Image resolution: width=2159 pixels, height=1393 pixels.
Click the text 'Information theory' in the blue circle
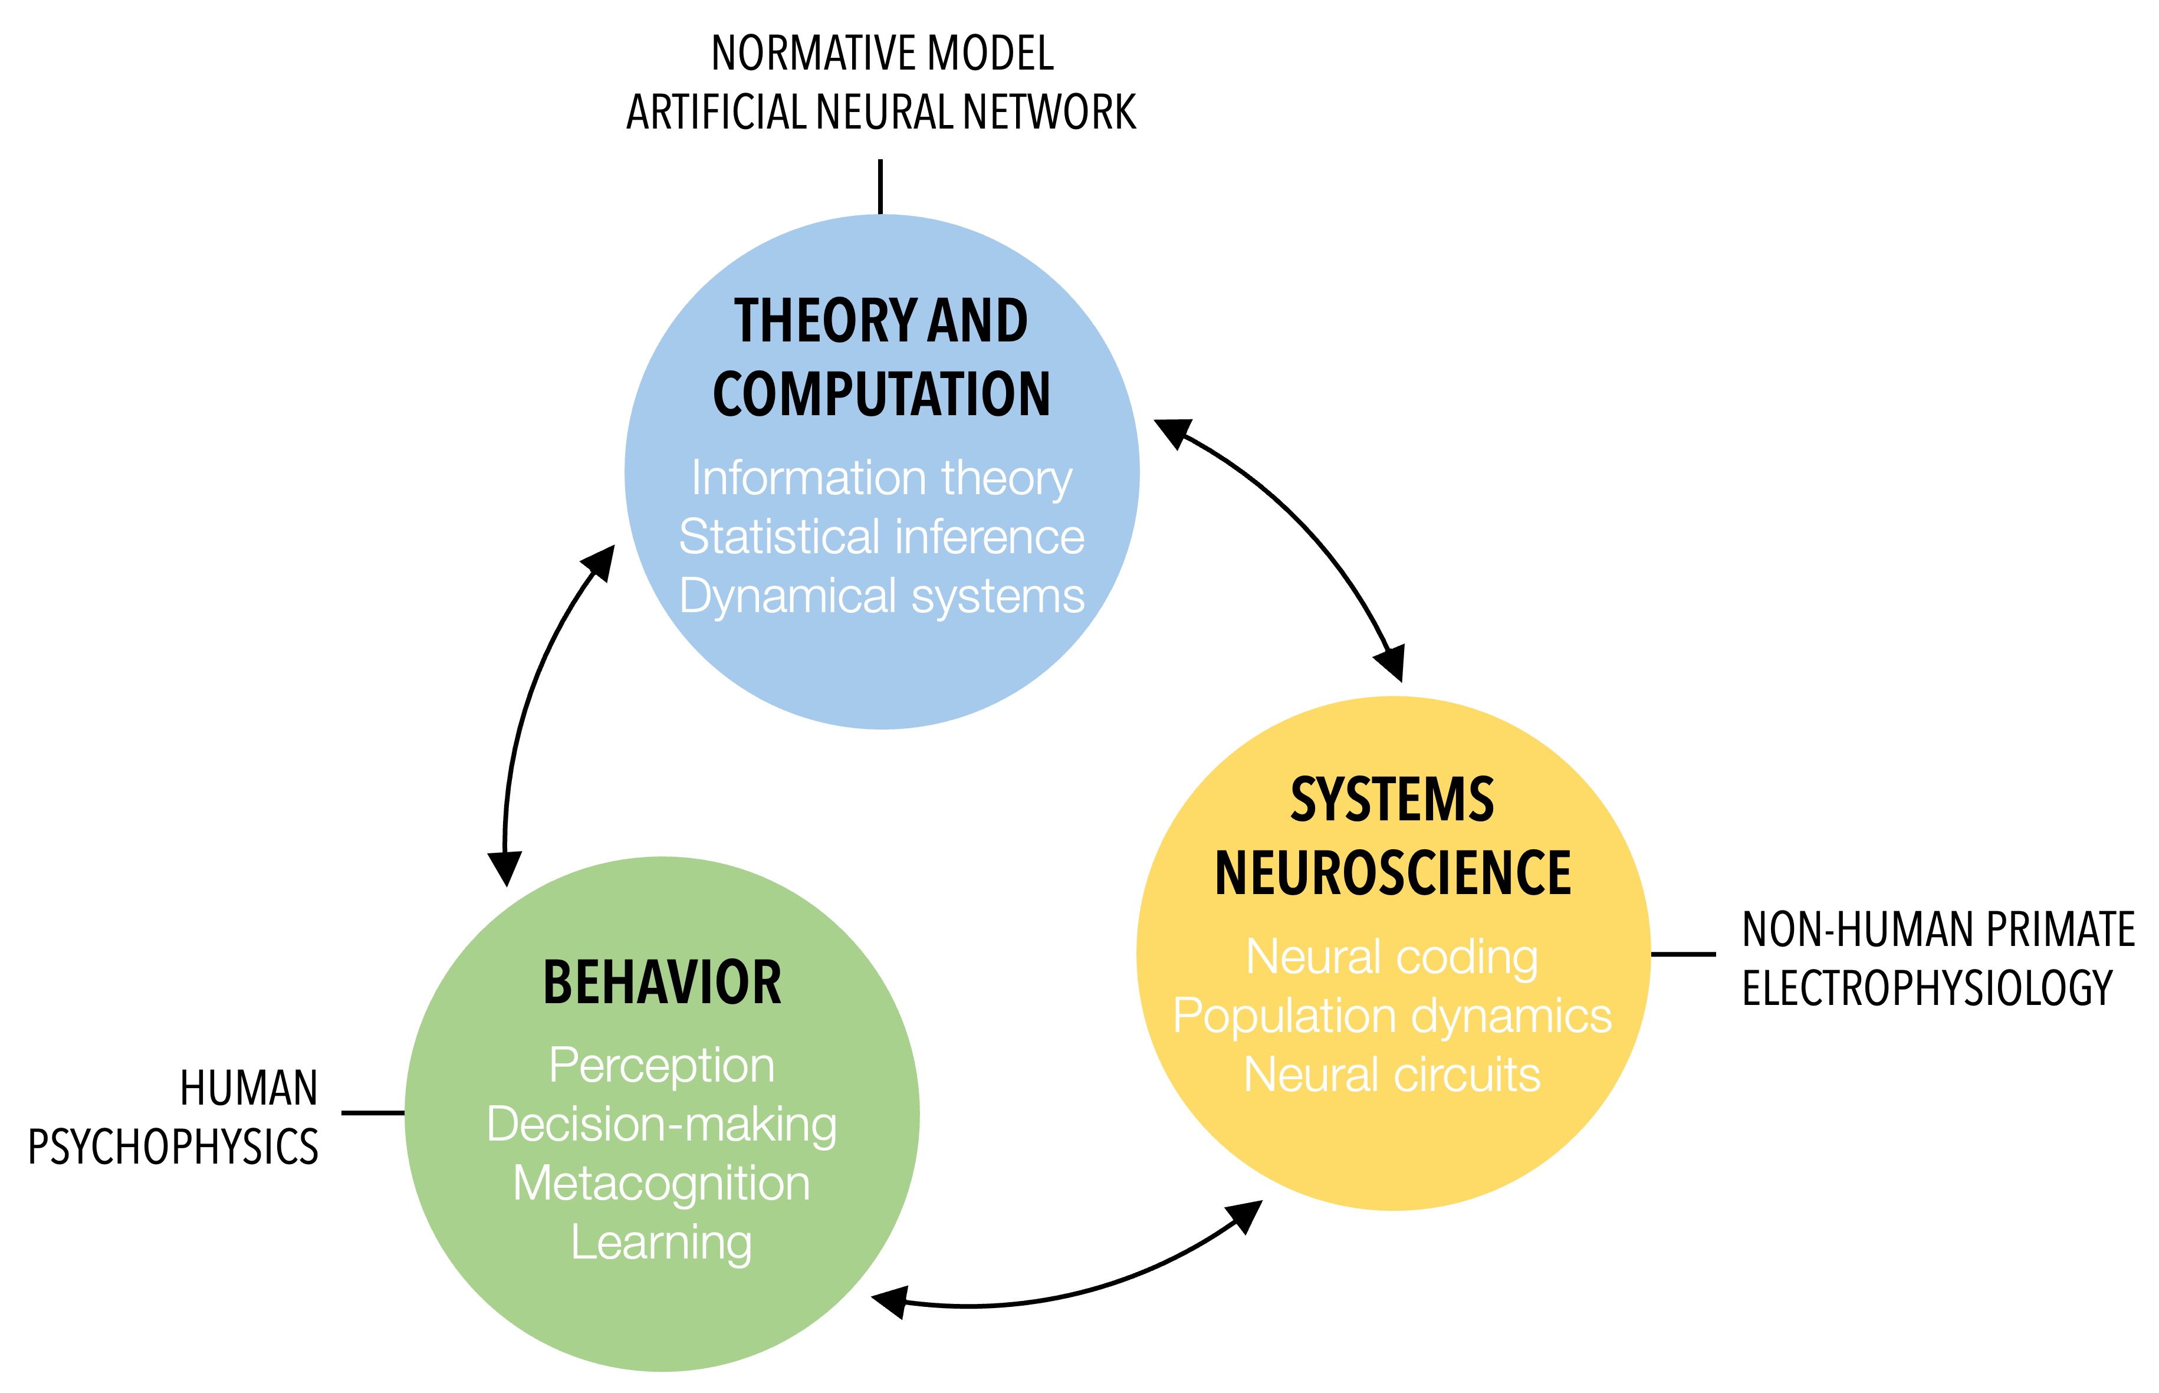tap(881, 478)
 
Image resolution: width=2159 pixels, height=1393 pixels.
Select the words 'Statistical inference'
tap(881, 537)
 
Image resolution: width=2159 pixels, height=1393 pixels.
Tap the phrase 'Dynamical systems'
tap(881, 596)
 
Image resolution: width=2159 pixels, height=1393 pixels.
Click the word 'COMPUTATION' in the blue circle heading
tap(881, 395)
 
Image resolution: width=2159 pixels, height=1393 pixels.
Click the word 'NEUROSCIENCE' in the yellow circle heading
tap(1393, 874)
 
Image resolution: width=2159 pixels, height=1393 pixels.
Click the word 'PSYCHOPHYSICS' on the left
tap(173, 1147)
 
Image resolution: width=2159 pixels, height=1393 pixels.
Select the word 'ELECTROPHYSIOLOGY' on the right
tap(1927, 988)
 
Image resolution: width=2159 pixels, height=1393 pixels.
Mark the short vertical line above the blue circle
tap(880, 186)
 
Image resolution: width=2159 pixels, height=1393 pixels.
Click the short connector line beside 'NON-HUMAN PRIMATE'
tap(1683, 954)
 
